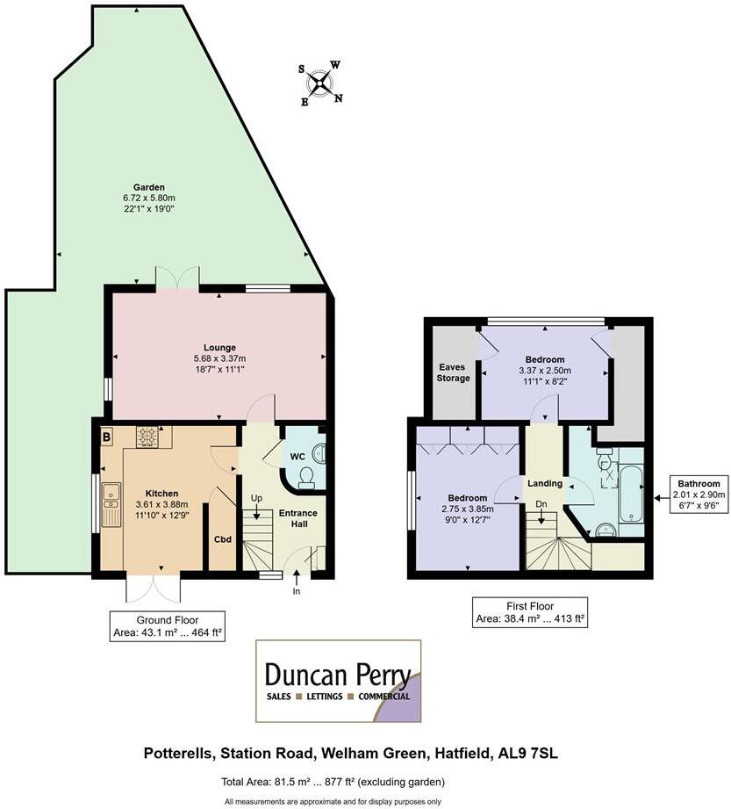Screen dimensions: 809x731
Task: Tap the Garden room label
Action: (x=149, y=187)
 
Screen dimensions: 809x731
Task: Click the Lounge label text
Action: (x=219, y=347)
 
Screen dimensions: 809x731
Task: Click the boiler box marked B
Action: (x=106, y=435)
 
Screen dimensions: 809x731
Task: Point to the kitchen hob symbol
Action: (x=147, y=435)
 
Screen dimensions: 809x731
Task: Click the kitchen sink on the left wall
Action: (x=111, y=504)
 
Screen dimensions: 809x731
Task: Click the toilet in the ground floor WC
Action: (x=308, y=475)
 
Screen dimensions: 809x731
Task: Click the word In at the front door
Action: (x=297, y=592)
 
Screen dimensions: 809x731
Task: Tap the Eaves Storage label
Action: (x=453, y=372)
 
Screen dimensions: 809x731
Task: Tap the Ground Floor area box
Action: (x=167, y=626)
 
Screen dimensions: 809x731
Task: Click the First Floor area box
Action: (x=529, y=612)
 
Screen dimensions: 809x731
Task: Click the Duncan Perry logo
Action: (x=338, y=681)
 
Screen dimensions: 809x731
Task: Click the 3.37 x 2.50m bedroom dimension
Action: (x=545, y=372)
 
